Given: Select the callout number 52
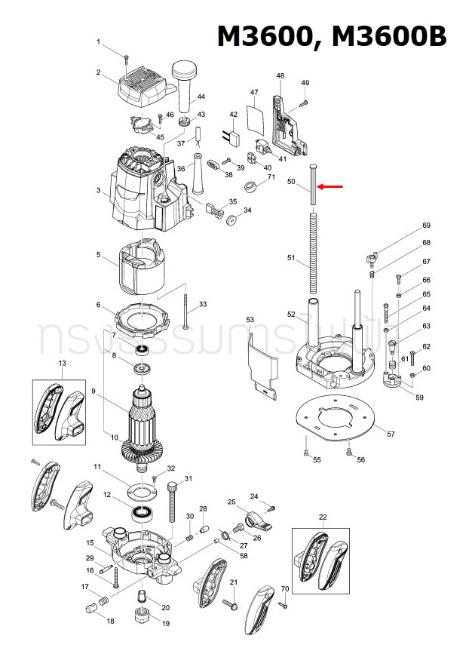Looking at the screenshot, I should (292, 314).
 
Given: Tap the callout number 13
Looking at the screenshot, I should (63, 364).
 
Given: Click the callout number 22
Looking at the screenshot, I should (323, 517).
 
